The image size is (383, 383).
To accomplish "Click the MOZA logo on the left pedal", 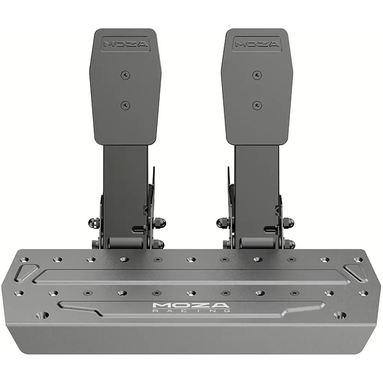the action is [126, 44].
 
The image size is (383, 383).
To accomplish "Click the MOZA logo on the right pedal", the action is [257, 44].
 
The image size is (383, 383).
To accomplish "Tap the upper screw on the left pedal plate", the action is [126, 75].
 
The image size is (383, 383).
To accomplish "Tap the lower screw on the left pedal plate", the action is [126, 105].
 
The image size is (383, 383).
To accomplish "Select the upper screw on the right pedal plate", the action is [257, 75].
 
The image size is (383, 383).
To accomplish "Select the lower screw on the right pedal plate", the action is [257, 105].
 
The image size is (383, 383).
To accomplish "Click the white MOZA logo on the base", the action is [191, 305].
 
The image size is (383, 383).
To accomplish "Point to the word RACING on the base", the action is [191, 311].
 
